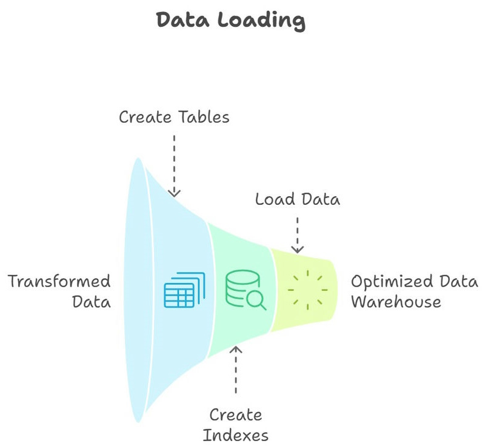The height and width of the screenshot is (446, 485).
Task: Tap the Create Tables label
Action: pos(174,116)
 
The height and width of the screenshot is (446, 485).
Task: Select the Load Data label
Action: pos(297,199)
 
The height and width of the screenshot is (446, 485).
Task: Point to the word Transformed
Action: pos(59,281)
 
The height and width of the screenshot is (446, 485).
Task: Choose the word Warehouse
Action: pos(396,301)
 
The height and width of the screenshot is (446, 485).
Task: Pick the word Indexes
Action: pos(235,435)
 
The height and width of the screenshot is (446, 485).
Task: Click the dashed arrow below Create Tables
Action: pos(174,164)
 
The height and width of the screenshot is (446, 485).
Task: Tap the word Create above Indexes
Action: pos(235,415)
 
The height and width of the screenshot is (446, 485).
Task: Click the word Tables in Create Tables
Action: pos(202,116)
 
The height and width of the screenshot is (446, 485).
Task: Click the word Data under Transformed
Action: pos(91,301)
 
